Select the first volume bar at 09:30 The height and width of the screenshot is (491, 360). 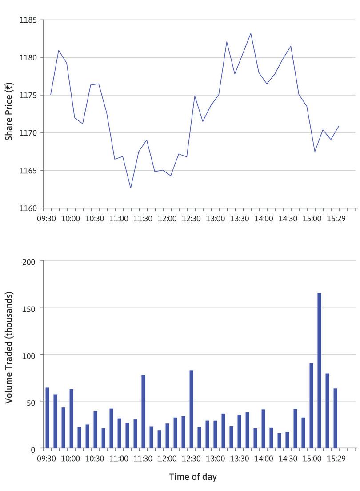click(x=47, y=418)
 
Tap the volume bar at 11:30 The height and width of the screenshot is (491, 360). click(x=143, y=411)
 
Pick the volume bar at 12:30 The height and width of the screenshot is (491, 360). click(x=191, y=409)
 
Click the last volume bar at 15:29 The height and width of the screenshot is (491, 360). click(x=336, y=418)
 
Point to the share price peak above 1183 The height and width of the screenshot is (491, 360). click(x=251, y=33)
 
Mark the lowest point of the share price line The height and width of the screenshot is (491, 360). click(x=131, y=188)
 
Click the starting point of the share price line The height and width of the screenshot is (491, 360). click(x=51, y=95)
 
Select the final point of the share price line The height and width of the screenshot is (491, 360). click(x=339, y=126)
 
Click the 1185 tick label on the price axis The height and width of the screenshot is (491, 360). click(x=28, y=20)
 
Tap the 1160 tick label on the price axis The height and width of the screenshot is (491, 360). click(x=28, y=208)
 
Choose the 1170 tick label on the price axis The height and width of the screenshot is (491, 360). click(x=28, y=133)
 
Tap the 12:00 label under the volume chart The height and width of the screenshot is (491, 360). click(x=167, y=459)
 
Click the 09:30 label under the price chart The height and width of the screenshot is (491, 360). click(x=47, y=219)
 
